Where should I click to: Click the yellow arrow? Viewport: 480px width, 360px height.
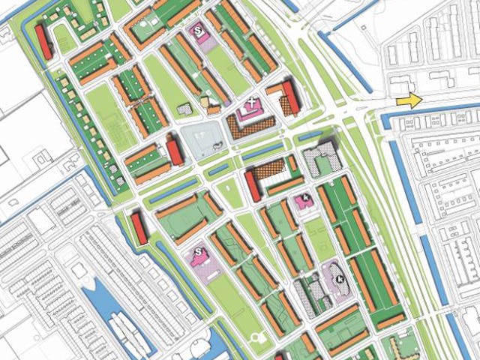[x=409, y=100]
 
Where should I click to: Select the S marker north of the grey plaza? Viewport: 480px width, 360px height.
[x=198, y=31]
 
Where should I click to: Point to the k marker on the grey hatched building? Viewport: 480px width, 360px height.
[x=340, y=278]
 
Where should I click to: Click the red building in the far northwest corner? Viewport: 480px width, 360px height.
[x=43, y=41]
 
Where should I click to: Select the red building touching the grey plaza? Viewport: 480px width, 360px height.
[x=175, y=151]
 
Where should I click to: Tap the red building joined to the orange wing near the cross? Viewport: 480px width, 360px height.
[x=291, y=97]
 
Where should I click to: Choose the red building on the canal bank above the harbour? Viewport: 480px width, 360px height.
[x=139, y=228]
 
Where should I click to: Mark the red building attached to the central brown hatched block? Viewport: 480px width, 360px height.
[x=253, y=186]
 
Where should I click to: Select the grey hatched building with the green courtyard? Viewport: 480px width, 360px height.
[x=322, y=158]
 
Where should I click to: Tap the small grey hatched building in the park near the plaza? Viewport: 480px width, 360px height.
[x=184, y=110]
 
